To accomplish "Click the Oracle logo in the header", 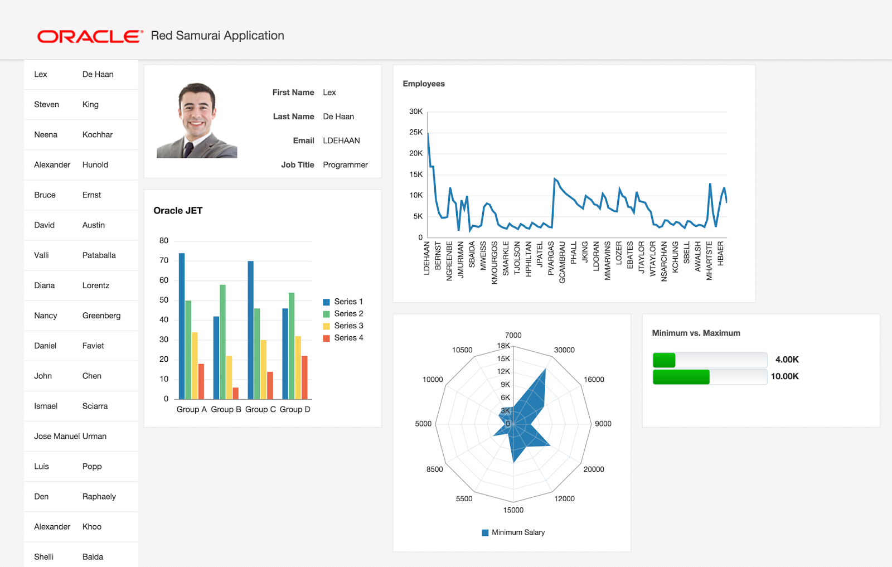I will point(89,36).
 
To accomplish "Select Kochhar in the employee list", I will point(98,134).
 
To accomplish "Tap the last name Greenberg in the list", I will point(101,316).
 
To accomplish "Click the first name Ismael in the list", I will point(46,406).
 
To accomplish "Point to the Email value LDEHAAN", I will point(341,140).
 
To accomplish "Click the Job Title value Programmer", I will point(345,164).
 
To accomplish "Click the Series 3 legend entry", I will point(343,326).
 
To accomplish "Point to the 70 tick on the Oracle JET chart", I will point(164,260).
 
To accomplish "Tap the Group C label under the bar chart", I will point(260,409).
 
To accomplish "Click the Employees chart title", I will point(424,84).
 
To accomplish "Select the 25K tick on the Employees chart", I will point(416,132).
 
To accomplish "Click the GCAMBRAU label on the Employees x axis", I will point(562,262).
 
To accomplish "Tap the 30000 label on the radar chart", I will point(564,350).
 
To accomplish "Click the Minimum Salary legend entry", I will point(513,532).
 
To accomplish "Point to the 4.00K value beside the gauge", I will point(787,360).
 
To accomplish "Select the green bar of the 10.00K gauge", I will point(681,377).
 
